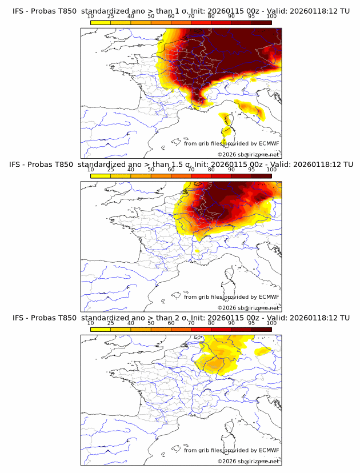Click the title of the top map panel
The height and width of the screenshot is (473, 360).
coord(181,11)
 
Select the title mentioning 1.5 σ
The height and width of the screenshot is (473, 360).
coord(181,164)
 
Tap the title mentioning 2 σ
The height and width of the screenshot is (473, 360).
coord(181,318)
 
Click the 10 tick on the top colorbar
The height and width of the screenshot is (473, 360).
coord(91,16)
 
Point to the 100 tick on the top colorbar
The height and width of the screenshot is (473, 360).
coord(271,16)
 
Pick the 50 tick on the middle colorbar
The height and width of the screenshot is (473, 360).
coord(151,170)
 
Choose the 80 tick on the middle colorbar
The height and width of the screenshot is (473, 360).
coord(211,170)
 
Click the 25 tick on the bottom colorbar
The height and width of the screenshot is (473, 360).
coord(111,323)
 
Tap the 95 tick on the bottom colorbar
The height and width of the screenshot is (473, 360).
coord(251,323)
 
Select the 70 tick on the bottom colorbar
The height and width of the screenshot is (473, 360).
coord(191,323)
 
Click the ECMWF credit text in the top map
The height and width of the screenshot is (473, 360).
coord(231,143)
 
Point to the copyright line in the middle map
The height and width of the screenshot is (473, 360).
coord(248,308)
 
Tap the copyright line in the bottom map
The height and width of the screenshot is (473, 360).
coord(248,462)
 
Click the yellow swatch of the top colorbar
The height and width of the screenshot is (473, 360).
coord(101,22)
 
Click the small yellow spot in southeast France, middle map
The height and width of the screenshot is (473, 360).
coord(197,250)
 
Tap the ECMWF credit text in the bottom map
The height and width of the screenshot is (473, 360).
coord(231,451)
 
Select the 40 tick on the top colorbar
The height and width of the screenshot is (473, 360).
coord(131,16)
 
